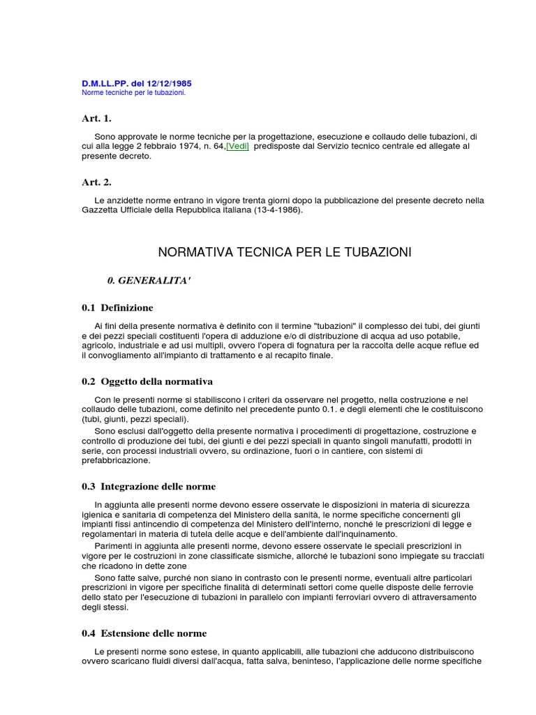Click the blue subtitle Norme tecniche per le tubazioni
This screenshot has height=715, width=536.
point(133,93)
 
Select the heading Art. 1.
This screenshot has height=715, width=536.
point(96,119)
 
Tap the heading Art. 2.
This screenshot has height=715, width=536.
point(96,182)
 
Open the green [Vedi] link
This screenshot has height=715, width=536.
point(237,147)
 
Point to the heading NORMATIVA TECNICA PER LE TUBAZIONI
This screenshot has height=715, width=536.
point(285,252)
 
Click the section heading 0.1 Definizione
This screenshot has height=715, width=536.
point(117,308)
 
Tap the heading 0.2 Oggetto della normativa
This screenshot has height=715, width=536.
point(147,381)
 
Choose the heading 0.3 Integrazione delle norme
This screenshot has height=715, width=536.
point(149,487)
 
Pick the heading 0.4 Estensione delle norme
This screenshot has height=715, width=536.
point(144,633)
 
